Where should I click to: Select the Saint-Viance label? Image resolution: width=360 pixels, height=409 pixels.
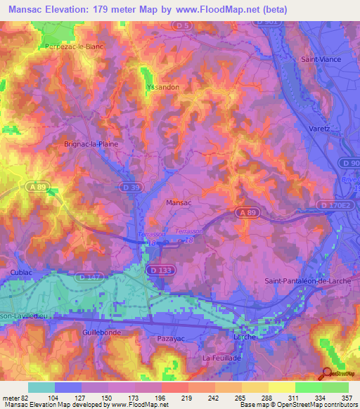321,59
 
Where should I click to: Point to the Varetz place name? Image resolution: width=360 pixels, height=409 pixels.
319,129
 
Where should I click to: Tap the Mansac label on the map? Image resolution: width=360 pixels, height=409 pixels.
178,202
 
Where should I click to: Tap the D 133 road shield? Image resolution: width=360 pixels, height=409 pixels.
157,269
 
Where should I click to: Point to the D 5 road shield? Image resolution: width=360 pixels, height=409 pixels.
184,26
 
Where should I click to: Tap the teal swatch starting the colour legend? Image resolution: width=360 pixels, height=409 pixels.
41,387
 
